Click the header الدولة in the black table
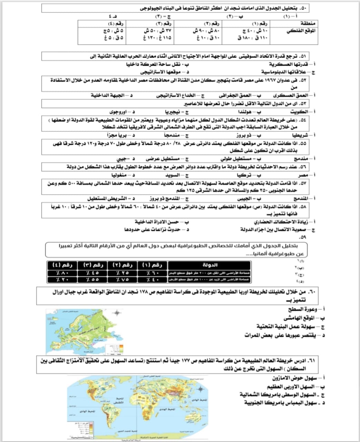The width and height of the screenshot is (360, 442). point(210,265)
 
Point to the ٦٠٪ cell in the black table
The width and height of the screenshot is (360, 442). point(152,273)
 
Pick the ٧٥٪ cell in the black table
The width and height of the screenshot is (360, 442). point(123,279)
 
